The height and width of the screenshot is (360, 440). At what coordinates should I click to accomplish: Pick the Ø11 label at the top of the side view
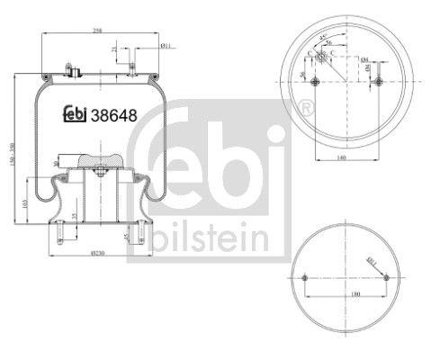[x=166, y=45]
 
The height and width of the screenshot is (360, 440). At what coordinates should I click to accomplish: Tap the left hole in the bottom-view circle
[x=307, y=276]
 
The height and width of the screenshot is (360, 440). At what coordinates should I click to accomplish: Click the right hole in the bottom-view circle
[x=387, y=276]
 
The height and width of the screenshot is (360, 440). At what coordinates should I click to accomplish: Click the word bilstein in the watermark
[x=208, y=238]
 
